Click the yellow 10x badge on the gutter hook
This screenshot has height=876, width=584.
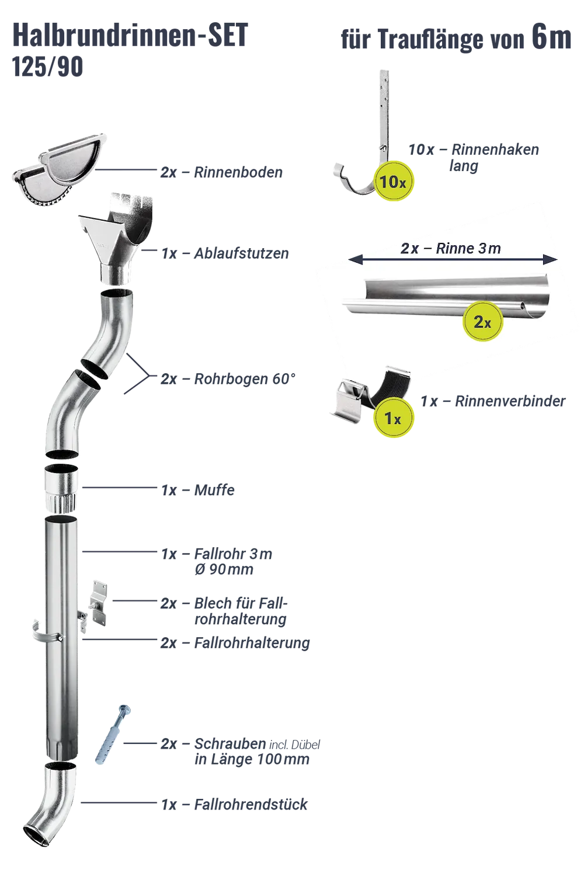pos(393,181)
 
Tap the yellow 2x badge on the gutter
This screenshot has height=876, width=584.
pos(482,321)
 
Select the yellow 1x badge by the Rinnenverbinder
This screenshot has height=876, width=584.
pos(393,417)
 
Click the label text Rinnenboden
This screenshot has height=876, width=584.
pos(238,172)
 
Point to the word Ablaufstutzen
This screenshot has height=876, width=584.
pos(241,253)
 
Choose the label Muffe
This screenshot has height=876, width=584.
pos(214,490)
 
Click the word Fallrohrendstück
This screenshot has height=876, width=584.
pos(251,804)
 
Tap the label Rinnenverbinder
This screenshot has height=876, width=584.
pos(510,401)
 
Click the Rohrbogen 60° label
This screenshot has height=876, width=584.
pos(245,379)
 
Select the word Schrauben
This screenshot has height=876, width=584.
pos(231,743)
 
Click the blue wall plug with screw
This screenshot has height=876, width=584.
pos(112,735)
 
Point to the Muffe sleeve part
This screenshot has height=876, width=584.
pos(61,488)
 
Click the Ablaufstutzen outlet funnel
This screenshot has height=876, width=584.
pos(116,238)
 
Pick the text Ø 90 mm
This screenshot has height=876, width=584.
pos(224,569)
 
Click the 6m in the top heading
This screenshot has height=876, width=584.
pos(551,37)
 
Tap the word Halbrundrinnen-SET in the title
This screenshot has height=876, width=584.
pos(130,35)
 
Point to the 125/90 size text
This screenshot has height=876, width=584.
pos(48,67)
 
